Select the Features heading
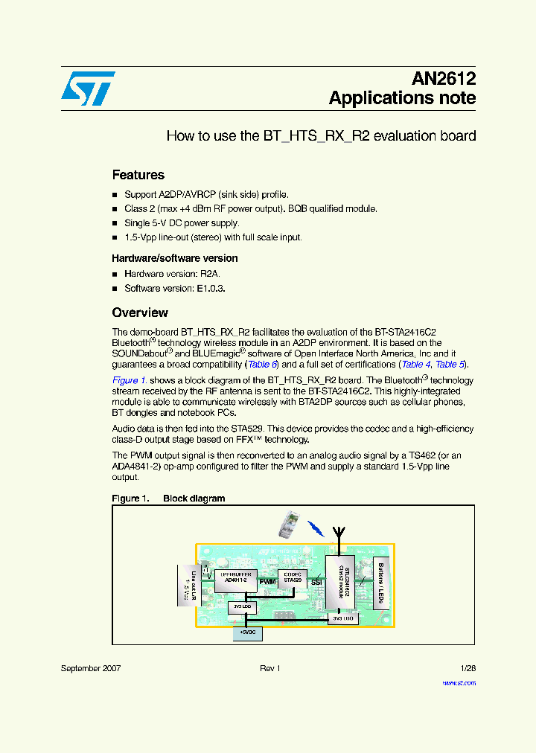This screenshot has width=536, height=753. tap(138, 175)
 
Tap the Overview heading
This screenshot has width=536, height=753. tap(140, 313)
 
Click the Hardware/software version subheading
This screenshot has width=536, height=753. tap(174, 258)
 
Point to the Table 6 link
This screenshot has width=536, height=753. tap(262, 365)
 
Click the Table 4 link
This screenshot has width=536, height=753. tap(415, 365)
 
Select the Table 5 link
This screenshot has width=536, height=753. tap(450, 365)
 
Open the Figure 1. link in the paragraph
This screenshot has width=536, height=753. tap(130, 380)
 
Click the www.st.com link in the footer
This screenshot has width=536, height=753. tap(459, 682)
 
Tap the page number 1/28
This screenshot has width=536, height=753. tap(468, 669)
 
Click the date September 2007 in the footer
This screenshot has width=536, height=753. tap(91, 669)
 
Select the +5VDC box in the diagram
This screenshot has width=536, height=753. tap(247, 632)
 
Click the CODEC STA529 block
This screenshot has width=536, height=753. tap(292, 577)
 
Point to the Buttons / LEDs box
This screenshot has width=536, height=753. tap(380, 580)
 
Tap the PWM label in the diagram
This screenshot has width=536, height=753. tap(267, 581)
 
